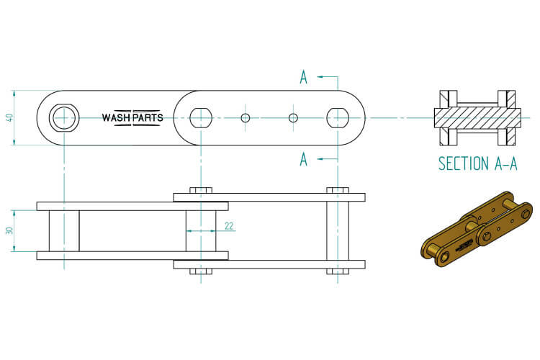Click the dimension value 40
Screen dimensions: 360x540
9,117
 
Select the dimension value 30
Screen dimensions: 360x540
9,230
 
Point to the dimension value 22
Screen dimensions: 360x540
229,226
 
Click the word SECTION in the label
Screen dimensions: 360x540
463,163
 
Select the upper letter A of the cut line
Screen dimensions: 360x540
304,78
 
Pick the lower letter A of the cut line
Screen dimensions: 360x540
304,159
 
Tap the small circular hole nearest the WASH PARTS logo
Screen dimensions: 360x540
245,117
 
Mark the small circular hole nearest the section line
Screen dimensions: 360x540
292,117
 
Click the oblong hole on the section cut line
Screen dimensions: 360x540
337,117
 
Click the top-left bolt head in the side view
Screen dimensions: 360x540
200,190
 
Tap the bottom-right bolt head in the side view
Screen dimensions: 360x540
337,271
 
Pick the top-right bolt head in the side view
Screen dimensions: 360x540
337,190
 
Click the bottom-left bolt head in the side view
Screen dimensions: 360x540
200,271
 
